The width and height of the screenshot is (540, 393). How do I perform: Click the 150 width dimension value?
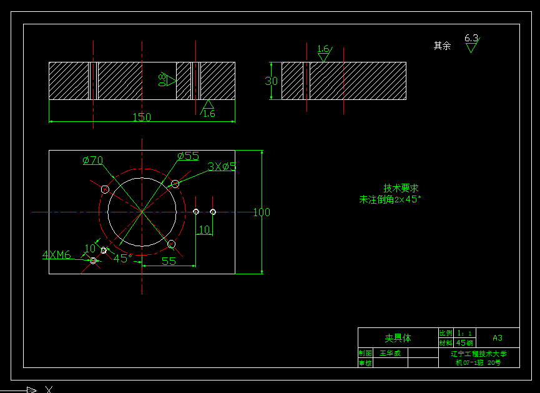coord(142,117)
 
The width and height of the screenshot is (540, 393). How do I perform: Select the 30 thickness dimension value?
coord(271,81)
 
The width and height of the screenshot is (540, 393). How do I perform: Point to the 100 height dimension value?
coord(262,212)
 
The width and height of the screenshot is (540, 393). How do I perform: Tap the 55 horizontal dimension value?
coord(169,261)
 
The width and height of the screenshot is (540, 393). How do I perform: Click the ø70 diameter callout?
coord(93,161)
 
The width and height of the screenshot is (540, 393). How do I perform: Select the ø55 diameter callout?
coord(188,156)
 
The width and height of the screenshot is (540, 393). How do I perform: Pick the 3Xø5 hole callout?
coord(222,166)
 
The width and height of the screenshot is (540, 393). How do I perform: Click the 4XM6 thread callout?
coord(57,255)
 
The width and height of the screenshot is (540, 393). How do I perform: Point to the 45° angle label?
coord(122,257)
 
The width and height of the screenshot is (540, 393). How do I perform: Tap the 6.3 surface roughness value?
coord(471,38)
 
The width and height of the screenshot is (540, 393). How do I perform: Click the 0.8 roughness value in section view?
coord(162,80)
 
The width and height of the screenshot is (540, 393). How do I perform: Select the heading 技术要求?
coord(400,188)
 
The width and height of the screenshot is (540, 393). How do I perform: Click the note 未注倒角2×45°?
coord(390,200)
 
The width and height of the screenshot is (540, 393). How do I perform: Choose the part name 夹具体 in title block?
coord(397,338)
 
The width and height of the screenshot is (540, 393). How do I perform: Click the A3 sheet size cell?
coord(498,338)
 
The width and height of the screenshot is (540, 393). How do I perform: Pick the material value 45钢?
coord(465,343)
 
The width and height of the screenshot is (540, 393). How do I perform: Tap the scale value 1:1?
coord(465,333)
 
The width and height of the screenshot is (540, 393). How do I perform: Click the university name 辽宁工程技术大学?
coord(479,354)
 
